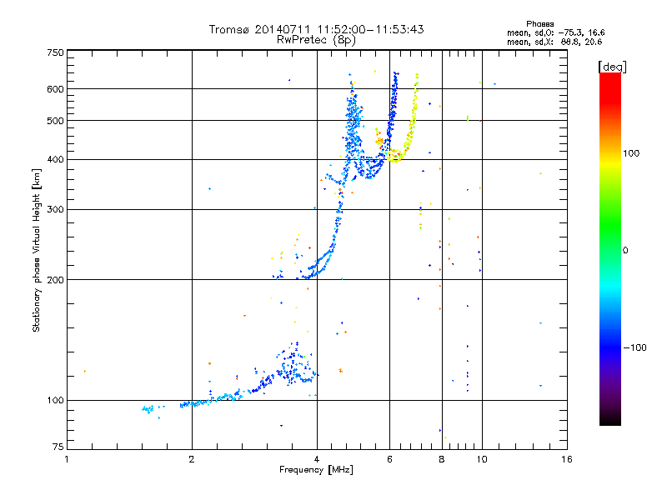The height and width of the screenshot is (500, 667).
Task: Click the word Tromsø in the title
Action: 227,29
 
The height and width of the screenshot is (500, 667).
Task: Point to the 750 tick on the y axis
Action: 55,52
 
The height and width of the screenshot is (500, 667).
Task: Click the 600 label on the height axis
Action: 55,89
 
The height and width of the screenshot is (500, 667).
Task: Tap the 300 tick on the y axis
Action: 55,209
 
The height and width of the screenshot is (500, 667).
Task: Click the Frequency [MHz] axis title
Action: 316,470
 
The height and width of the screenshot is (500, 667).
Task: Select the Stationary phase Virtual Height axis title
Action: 37,250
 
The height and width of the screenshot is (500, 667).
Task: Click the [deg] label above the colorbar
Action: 613,66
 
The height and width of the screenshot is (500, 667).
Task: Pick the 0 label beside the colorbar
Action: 627,250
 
